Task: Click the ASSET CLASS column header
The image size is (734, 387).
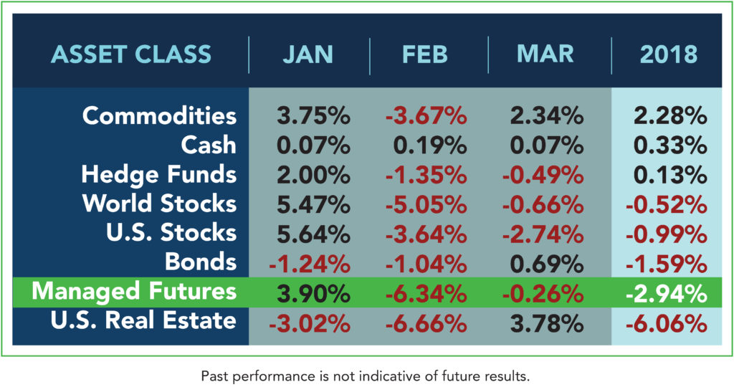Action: (x=131, y=54)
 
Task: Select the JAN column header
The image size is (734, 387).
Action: (x=309, y=54)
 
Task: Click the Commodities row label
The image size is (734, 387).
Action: (x=158, y=115)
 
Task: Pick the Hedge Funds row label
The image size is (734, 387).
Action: (x=158, y=174)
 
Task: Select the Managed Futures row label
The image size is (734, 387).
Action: (x=134, y=291)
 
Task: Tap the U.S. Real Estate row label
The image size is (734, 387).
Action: (x=143, y=320)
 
